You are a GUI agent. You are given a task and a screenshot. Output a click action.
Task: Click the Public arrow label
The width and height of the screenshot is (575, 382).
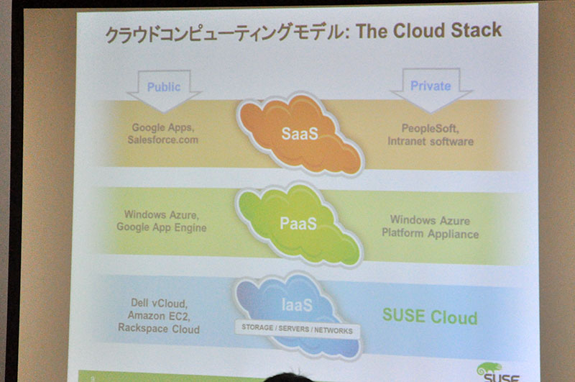[x=164, y=87]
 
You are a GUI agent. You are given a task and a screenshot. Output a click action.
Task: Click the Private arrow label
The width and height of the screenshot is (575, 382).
[x=431, y=86]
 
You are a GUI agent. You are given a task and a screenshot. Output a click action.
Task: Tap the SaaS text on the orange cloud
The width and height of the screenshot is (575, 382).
[x=300, y=134]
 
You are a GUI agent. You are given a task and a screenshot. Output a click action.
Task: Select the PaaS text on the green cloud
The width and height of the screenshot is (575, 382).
[x=298, y=224]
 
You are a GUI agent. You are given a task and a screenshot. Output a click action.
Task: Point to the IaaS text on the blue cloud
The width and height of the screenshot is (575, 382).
[x=297, y=305]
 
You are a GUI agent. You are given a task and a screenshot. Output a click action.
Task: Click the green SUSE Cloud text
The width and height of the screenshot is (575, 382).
[x=430, y=317]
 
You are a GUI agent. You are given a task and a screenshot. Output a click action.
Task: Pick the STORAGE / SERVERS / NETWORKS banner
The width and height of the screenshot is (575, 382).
[x=297, y=329]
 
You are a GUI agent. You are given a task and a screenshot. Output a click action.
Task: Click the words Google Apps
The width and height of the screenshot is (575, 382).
[x=162, y=128]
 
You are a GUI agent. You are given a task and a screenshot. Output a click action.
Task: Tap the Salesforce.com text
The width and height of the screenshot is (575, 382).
[x=163, y=140]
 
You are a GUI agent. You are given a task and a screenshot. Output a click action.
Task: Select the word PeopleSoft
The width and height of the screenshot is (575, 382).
[x=429, y=129]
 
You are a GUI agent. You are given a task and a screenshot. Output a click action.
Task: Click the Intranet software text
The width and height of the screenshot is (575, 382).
[x=431, y=141]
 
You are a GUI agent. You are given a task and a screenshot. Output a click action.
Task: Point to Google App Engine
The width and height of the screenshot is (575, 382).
[x=161, y=227]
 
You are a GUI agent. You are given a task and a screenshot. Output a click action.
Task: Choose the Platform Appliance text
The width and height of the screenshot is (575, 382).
[x=430, y=234]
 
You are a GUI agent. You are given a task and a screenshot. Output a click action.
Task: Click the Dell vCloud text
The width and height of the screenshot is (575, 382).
[x=158, y=304]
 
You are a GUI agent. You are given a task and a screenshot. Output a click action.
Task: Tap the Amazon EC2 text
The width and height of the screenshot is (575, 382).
[x=158, y=316]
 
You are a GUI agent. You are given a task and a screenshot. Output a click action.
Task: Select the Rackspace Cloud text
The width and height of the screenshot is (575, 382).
[x=158, y=329]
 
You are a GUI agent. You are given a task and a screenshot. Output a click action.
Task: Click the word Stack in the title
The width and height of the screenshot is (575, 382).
[x=476, y=30]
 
